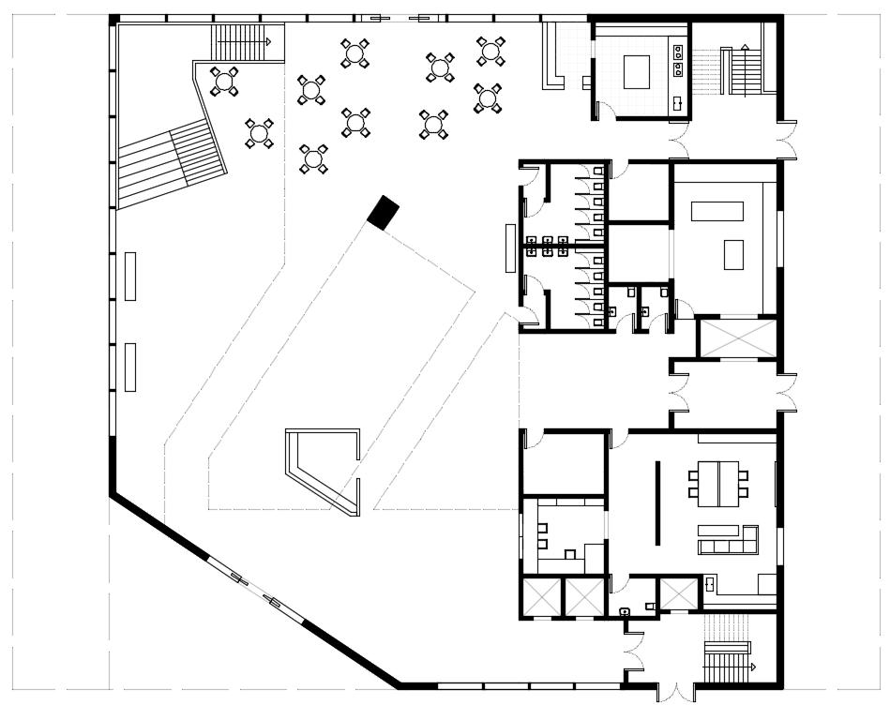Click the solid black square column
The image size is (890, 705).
click(383, 213)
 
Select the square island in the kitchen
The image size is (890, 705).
click(638, 71)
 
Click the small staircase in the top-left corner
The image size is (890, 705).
click(243, 42)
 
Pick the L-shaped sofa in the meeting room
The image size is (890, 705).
click(730, 541)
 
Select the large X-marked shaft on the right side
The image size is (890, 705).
click(737, 338)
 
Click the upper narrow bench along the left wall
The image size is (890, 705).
click(130, 277)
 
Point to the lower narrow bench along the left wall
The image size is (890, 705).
click(130, 367)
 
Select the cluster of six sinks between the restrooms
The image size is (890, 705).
click(547, 247)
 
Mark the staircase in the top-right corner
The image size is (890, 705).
click(746, 70)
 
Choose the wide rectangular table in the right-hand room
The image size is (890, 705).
click(717, 211)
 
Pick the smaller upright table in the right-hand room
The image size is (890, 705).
click(733, 254)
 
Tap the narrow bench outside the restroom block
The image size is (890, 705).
click(510, 247)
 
